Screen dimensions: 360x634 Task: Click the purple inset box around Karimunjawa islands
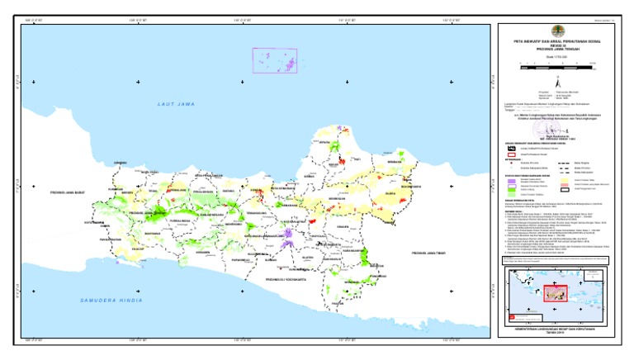coord(274,60)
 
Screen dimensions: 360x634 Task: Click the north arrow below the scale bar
coord(559,83)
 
